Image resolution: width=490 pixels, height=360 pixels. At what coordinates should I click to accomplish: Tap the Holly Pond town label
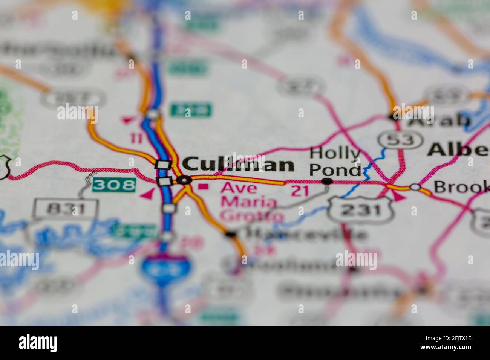(335, 162)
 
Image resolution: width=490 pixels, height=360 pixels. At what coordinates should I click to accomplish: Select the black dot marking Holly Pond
(327, 182)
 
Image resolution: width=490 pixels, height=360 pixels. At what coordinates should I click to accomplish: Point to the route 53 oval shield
(400, 139)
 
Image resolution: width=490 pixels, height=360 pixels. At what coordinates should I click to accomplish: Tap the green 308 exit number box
(113, 185)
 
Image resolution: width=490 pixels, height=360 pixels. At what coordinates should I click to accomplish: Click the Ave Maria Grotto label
(249, 201)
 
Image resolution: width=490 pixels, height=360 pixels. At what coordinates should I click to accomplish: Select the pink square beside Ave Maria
(204, 186)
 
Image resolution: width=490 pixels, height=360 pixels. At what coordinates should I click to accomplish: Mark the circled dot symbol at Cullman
(184, 180)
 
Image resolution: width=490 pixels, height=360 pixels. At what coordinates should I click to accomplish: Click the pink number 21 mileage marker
(300, 191)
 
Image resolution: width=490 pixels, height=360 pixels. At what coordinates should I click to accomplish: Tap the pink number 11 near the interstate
(136, 138)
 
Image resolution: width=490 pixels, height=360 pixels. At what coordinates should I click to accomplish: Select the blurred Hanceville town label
(305, 234)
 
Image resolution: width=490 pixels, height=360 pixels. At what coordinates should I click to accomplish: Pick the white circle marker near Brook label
(415, 187)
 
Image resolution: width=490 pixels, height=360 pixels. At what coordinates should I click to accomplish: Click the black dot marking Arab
(394, 117)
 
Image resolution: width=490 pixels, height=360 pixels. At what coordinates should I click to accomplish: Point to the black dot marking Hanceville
(230, 234)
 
